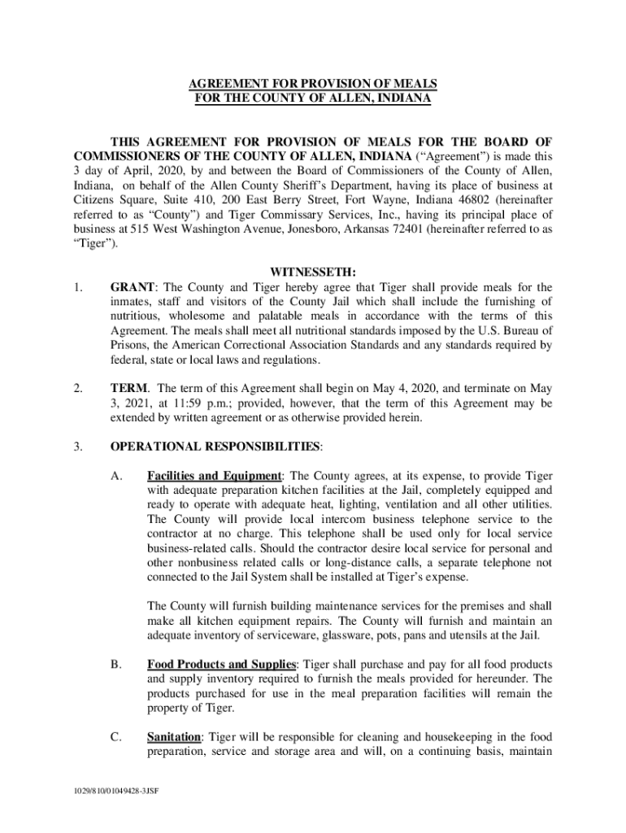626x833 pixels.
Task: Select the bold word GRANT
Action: [128, 287]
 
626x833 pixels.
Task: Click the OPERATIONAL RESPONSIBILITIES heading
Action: [215, 446]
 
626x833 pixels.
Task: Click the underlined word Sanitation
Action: [174, 737]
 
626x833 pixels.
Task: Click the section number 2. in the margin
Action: [78, 388]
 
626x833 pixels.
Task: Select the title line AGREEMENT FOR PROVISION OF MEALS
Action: [313, 84]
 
